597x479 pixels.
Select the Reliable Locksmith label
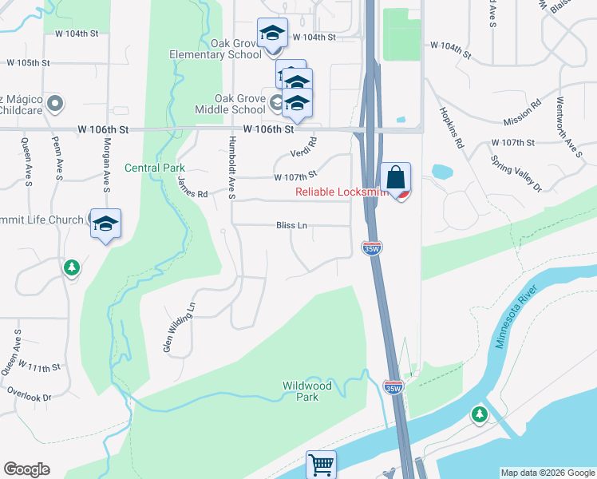click(341, 192)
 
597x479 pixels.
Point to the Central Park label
click(155, 168)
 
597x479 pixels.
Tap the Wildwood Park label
click(306, 390)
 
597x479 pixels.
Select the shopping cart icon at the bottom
click(321, 465)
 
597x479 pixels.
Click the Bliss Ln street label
click(291, 226)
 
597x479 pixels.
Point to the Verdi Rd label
click(304, 148)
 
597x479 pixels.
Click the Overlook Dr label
click(29, 396)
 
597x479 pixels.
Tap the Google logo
click(26, 469)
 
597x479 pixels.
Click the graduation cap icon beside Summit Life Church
click(105, 224)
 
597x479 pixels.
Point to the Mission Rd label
click(523, 113)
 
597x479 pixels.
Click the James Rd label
click(192, 188)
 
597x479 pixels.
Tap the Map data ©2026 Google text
click(547, 473)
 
